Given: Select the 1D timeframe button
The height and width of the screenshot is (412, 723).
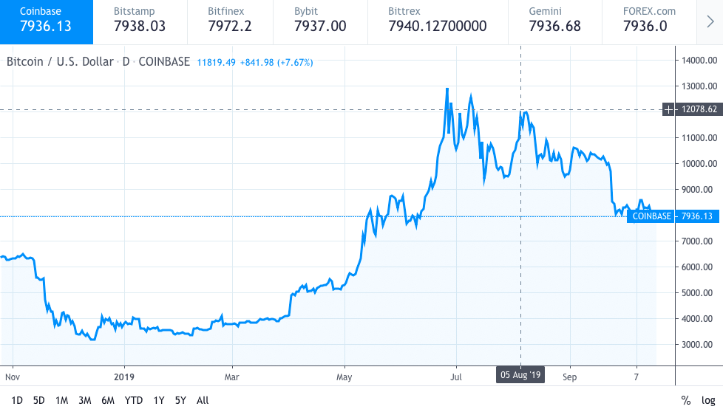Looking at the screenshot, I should [x=17, y=400].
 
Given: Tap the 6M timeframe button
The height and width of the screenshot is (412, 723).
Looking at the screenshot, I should [x=108, y=400].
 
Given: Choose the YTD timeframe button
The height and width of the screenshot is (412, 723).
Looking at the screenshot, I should [x=134, y=400].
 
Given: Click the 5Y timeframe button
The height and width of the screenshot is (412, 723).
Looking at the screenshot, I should [x=180, y=400].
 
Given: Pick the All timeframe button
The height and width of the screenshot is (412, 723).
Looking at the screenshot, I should [x=203, y=400].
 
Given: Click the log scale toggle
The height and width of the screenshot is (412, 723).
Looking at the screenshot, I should [x=707, y=400].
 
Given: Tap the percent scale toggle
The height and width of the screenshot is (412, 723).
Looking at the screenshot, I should [x=685, y=400].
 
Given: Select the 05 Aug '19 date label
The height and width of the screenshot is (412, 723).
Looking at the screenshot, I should [x=521, y=375].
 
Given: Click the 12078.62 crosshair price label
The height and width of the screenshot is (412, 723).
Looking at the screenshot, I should [x=698, y=109].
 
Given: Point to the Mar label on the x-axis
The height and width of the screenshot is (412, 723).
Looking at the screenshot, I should [x=231, y=375].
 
